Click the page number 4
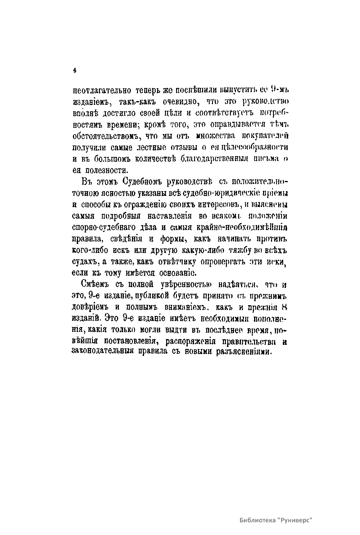pos(74,71)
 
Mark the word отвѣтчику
pos(175,262)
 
